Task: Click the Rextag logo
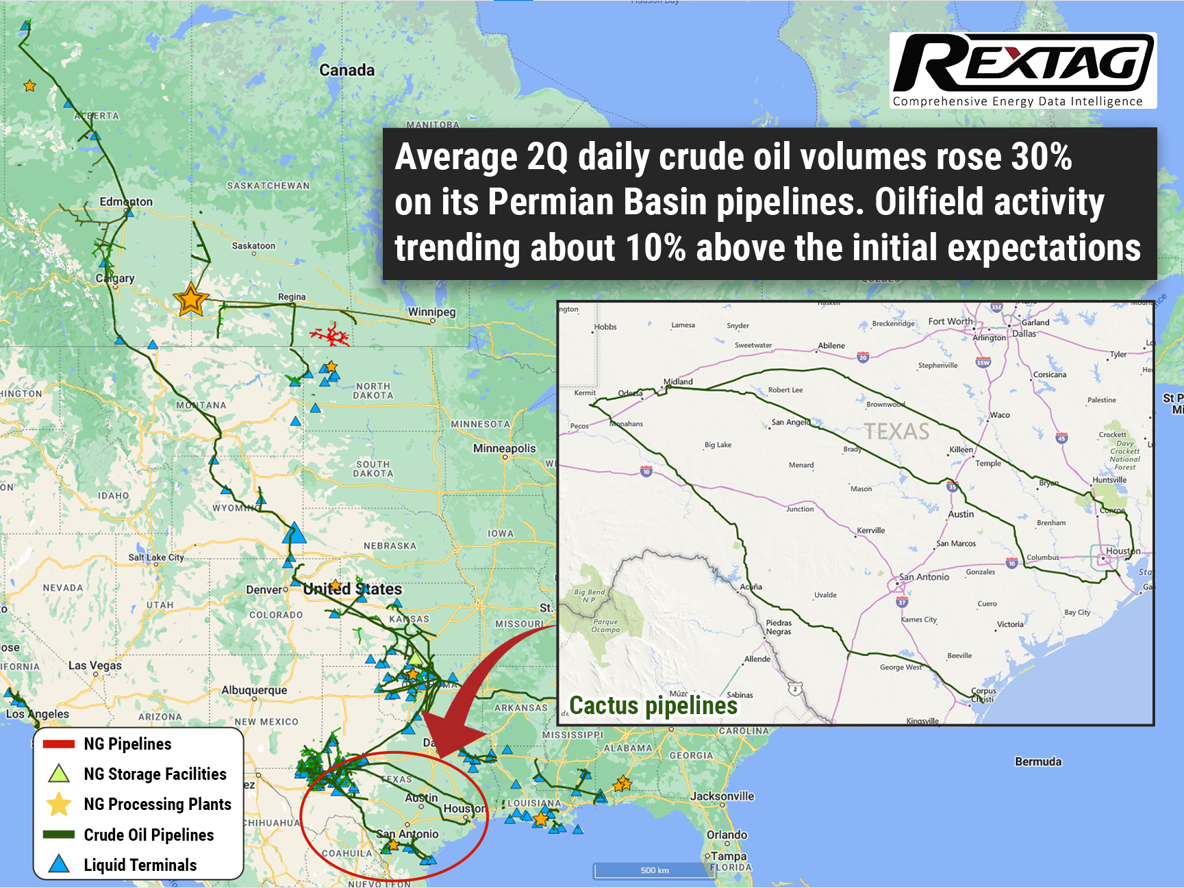pos(1022,70)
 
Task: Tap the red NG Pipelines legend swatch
pos(59,744)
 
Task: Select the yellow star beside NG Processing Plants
pos(59,804)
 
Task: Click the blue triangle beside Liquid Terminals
pos(59,864)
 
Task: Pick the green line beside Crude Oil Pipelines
pos(59,835)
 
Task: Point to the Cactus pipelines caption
pos(653,706)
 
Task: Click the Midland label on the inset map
pos(678,381)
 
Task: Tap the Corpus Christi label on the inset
pos(983,695)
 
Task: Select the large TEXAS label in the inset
pos(896,431)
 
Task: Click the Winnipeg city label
pos(431,312)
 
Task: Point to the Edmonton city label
pos(126,201)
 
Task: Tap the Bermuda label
pos(1038,761)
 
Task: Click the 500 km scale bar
pos(654,870)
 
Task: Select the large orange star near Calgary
pos(190,300)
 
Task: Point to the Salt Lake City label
pos(156,557)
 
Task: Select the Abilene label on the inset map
pos(831,346)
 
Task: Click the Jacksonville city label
pos(722,796)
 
